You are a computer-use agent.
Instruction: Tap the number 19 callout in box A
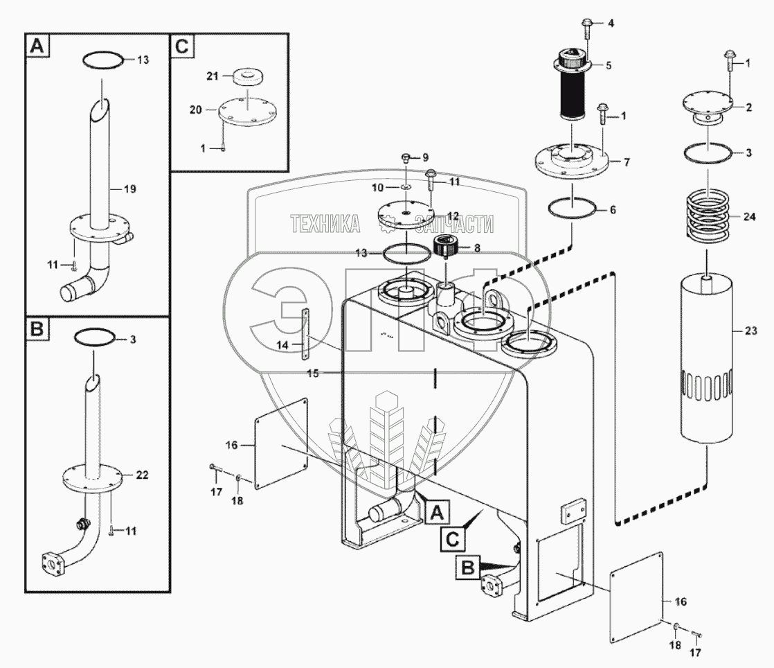click(129, 188)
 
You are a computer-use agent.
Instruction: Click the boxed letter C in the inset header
click(182, 46)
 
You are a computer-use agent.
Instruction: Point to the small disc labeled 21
click(247, 77)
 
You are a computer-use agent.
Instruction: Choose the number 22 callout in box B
click(142, 475)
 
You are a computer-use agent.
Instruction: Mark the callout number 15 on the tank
click(313, 373)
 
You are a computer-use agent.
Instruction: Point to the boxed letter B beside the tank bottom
click(467, 568)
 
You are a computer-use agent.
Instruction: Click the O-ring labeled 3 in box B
click(95, 337)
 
